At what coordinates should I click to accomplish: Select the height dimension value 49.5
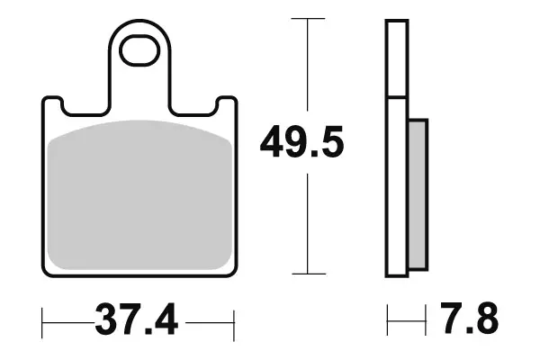pyautogui.click(x=301, y=143)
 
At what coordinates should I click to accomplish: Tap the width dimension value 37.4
pyautogui.click(x=138, y=319)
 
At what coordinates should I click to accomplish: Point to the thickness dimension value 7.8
pyautogui.click(x=468, y=319)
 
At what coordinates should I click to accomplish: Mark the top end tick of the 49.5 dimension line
pyautogui.click(x=309, y=19)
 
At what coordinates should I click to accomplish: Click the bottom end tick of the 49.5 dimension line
pyautogui.click(x=309, y=274)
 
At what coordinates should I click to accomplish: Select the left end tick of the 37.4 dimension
pyautogui.click(x=42, y=319)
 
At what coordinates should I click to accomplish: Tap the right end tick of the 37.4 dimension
pyautogui.click(x=234, y=319)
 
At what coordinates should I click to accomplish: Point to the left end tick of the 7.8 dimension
pyautogui.click(x=388, y=319)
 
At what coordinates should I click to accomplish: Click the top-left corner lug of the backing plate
pyautogui.click(x=51, y=103)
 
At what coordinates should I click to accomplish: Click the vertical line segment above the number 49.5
pyautogui.click(x=309, y=67)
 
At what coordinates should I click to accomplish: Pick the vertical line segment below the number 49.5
pyautogui.click(x=309, y=225)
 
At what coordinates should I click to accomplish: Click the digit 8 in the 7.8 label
pyautogui.click(x=484, y=319)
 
